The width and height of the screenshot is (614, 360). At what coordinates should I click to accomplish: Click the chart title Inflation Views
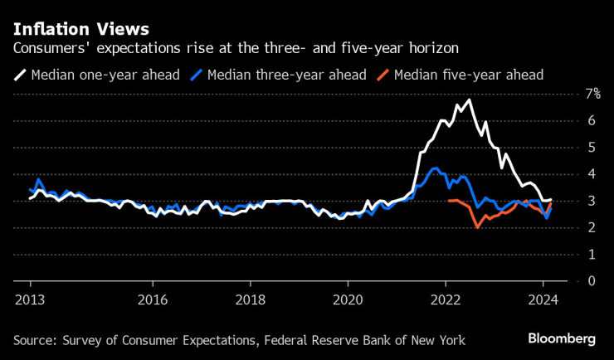tap(80, 29)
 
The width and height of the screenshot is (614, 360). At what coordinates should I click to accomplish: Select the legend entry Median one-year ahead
tap(105, 75)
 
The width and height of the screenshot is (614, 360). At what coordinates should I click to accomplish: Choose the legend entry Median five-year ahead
tap(468, 75)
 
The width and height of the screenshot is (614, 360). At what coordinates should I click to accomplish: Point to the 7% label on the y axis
tap(593, 94)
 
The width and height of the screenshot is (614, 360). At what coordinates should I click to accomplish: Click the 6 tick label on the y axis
tap(591, 120)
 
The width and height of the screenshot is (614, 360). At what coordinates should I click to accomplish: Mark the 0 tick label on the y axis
tap(591, 280)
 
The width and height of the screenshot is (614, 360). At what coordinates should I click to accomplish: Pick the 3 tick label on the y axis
tap(591, 201)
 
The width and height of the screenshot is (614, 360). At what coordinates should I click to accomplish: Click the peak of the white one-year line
tap(470, 100)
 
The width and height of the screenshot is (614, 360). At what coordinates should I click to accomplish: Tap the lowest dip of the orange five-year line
tap(478, 226)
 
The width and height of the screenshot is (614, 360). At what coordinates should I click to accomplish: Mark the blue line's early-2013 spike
tap(38, 179)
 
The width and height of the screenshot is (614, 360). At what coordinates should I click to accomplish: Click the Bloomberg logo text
tap(562, 338)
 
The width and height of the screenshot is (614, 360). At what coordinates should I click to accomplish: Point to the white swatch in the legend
tap(19, 75)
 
